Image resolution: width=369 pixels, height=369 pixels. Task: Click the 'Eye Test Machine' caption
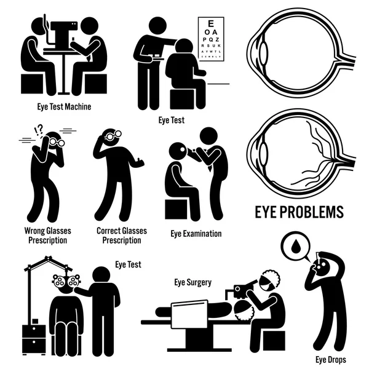(x=63, y=106)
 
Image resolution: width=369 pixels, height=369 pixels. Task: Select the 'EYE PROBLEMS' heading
(x=298, y=213)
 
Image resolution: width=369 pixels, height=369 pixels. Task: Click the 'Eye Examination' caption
(x=196, y=234)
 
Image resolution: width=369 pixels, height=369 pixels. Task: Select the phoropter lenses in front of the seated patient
(x=66, y=282)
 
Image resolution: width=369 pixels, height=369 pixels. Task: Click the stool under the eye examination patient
(x=177, y=209)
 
